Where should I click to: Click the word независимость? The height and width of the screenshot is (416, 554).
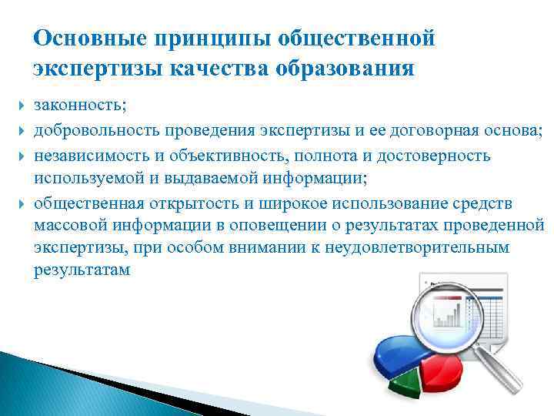95,156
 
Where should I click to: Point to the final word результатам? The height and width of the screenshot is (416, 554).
82,272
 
